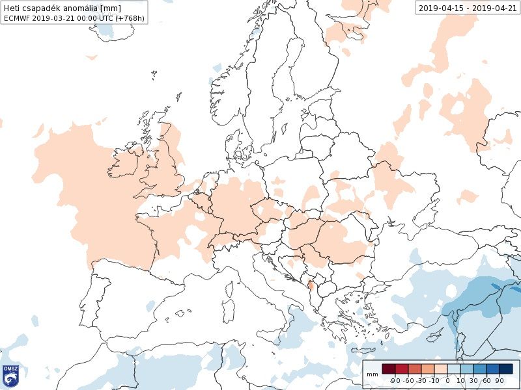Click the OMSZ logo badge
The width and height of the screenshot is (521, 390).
tap(10, 376)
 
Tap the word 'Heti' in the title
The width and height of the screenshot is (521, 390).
tap(12, 8)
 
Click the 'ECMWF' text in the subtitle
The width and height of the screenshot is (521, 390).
tap(16, 18)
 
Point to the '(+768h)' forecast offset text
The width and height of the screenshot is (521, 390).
tap(130, 18)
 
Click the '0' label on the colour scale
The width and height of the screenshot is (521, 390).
tap(448, 380)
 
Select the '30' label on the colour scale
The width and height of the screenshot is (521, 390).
tap(473, 380)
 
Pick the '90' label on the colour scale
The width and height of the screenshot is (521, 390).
tap(500, 380)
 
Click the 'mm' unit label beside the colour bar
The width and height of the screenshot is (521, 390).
tap(372, 375)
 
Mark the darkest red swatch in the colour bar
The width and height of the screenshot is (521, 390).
tap(389, 369)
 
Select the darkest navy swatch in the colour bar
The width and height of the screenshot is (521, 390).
tap(506, 369)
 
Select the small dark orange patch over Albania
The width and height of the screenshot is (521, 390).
tap(311, 283)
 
